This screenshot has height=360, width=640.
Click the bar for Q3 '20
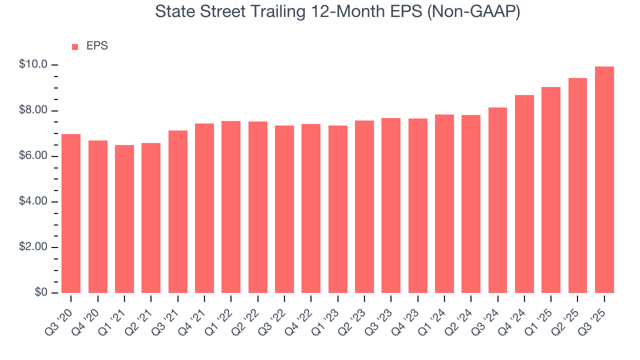point(71,213)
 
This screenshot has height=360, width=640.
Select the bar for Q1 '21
point(124,219)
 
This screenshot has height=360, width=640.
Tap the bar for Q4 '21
point(204,208)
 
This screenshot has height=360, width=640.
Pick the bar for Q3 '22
point(284,209)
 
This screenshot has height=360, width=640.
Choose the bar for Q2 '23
point(364,206)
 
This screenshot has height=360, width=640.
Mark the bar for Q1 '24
point(444,203)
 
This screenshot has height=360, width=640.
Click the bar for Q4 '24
point(524,194)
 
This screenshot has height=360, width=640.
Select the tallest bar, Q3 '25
point(604,180)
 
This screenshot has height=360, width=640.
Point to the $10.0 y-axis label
point(33,65)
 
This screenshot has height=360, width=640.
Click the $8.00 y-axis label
point(33,110)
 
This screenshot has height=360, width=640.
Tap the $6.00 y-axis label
point(33,156)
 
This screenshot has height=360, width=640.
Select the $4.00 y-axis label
point(33,201)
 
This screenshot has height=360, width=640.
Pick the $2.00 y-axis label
point(33,247)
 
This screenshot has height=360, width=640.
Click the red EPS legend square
point(75,46)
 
